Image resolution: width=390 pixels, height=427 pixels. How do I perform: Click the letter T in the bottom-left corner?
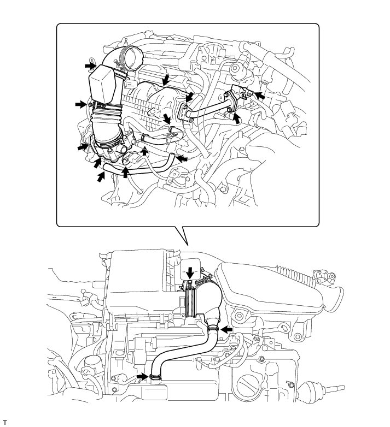(x=4, y=423)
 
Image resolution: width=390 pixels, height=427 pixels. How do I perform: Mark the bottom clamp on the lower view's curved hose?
(x=155, y=376)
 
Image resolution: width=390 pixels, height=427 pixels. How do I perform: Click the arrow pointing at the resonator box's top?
(x=89, y=64)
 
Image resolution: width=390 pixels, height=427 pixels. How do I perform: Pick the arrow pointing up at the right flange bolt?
(x=237, y=117)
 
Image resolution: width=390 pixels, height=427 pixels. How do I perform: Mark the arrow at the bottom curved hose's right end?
(x=181, y=159)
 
